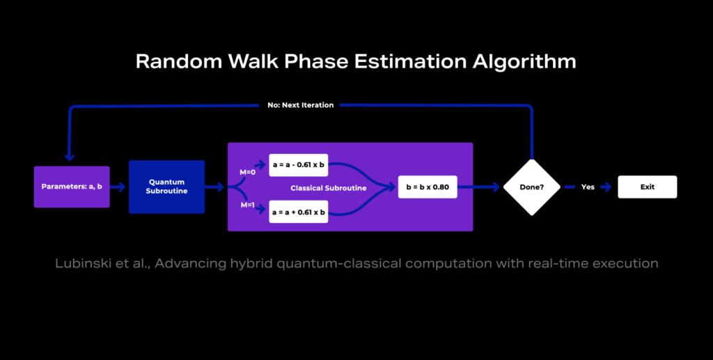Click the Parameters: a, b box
pos(72,187)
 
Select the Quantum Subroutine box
pos(166,187)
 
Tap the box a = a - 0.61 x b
pos(298,166)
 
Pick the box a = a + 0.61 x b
pos(298,212)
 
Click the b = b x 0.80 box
pos(428,187)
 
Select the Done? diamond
pos(531,187)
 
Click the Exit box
pos(648,187)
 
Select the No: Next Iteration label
pos(300,105)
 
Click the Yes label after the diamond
pos(588,187)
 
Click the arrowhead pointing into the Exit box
pos(608,187)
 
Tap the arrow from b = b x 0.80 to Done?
pos(480,187)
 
